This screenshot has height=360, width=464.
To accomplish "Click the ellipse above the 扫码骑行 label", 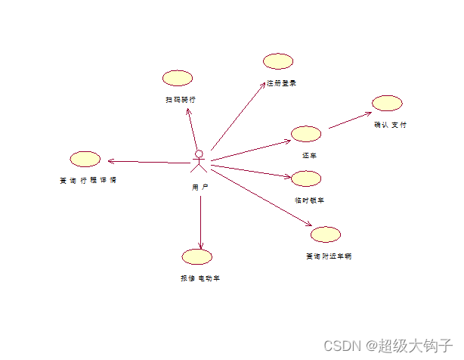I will [178, 78].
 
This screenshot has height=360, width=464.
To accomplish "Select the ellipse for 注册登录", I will [278, 61].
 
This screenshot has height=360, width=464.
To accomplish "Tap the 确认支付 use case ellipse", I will [387, 104].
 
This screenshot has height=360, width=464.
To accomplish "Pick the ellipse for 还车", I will [306, 134].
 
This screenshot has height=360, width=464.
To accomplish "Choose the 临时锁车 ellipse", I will [306, 178].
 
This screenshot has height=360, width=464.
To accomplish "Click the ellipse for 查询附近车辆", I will [326, 234].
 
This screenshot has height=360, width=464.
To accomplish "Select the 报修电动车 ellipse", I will [197, 256].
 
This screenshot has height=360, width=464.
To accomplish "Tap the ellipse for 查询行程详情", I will [85, 159].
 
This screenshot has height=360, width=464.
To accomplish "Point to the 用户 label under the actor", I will [200, 186].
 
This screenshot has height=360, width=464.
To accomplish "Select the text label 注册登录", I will [281, 83].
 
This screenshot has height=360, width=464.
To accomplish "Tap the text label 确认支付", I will [390, 125].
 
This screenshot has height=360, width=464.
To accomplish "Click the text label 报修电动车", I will [200, 278].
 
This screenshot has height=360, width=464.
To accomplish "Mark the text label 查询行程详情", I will [88, 181].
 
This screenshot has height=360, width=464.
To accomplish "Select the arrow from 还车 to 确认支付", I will [350, 121].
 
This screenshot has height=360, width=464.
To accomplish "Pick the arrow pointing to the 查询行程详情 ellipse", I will [147, 161].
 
